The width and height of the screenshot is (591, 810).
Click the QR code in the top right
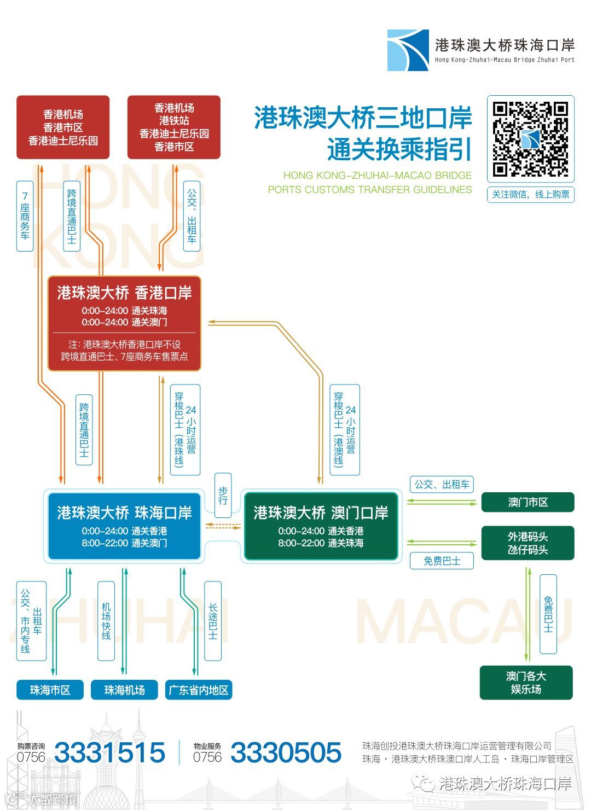pos(530,139)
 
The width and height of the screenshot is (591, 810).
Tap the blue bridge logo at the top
pos(408,50)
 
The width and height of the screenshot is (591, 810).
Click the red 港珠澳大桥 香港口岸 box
pos(124,323)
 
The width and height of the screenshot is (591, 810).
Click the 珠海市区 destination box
pos(50,690)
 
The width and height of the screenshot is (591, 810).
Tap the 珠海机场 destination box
pos(124,690)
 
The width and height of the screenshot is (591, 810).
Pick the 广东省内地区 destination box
pos(198,690)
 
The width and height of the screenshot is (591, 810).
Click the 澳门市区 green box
pos(528,502)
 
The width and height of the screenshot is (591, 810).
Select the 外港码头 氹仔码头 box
pos(528,543)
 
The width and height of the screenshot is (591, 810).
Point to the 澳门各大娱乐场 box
pos(526,683)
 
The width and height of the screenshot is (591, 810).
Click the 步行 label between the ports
pos(223,496)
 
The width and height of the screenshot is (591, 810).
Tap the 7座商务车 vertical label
pos(25,215)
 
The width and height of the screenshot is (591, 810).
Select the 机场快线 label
pos(106,621)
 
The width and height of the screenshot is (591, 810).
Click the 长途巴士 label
pos(213,621)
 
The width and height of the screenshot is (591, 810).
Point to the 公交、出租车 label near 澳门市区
pos(442,485)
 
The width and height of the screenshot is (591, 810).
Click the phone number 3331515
pos(109,753)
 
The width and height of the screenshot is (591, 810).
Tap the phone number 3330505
pos(286,753)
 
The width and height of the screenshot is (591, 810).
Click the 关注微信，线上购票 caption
pos(530,195)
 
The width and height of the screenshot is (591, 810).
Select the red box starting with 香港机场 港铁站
pos(174,127)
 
